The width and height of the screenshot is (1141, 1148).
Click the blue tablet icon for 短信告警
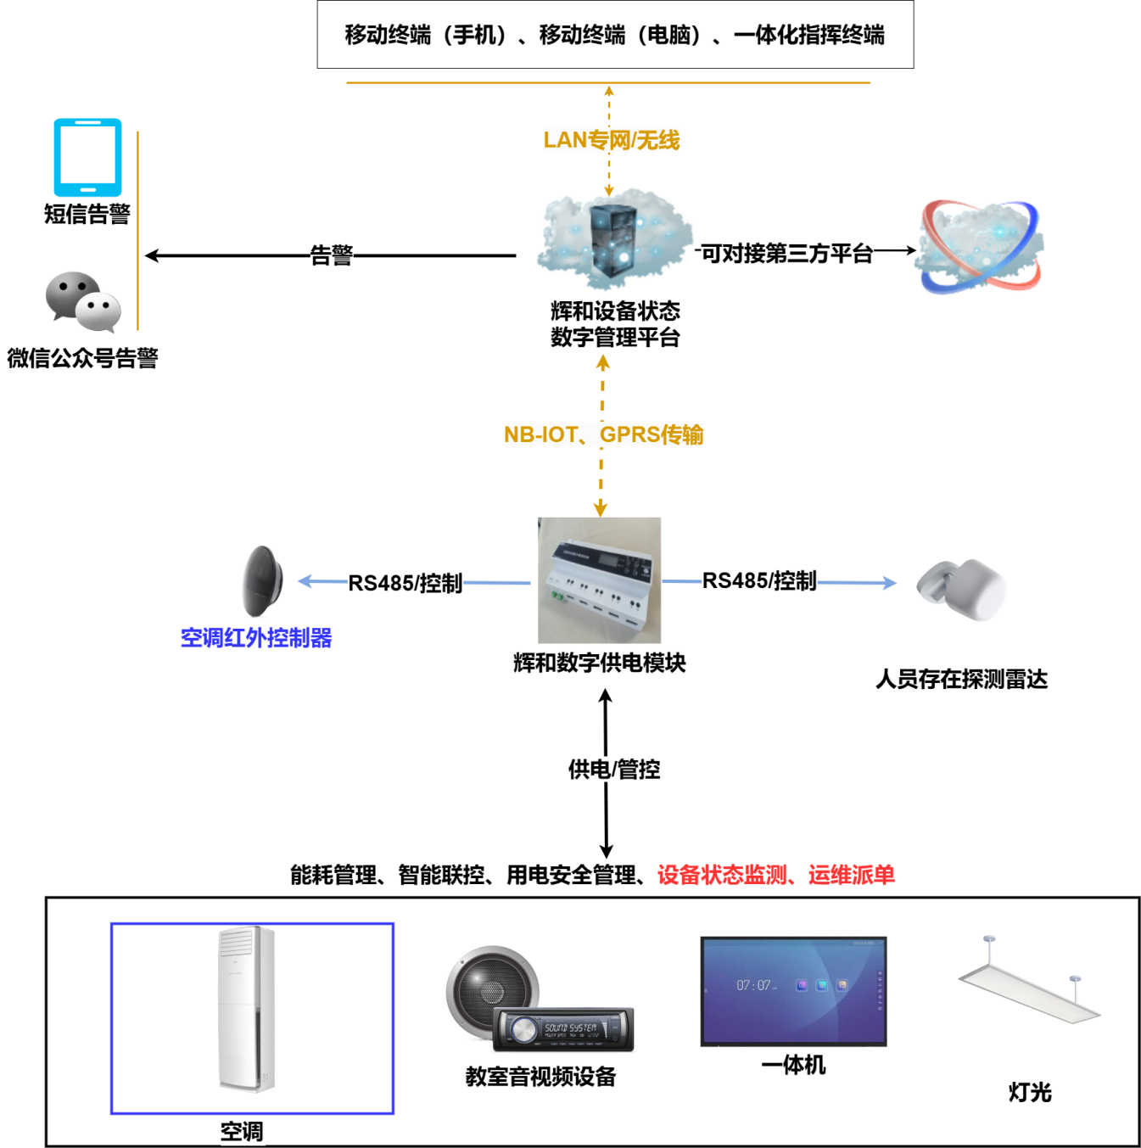point(87,157)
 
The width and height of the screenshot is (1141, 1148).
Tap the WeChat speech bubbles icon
point(83,301)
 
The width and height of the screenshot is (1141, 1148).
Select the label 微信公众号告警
point(82,358)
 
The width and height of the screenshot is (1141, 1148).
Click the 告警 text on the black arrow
point(331,255)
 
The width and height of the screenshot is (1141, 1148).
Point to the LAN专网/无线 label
point(611,140)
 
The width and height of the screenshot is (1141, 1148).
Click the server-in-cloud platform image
point(613,240)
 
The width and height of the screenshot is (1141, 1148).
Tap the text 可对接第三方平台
point(786,253)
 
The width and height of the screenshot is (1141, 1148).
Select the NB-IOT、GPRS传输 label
point(603,434)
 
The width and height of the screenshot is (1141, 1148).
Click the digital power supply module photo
point(599,580)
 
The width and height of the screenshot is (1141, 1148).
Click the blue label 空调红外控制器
point(255,637)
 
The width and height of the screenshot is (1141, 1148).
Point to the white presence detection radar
point(963,589)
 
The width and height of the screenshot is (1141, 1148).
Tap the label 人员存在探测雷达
point(961,679)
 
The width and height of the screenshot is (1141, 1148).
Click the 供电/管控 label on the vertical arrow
point(614,770)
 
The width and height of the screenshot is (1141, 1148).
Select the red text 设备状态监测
point(722,875)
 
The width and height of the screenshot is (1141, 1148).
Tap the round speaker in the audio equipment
point(490,988)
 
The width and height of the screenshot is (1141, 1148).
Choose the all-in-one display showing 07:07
point(793,991)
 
